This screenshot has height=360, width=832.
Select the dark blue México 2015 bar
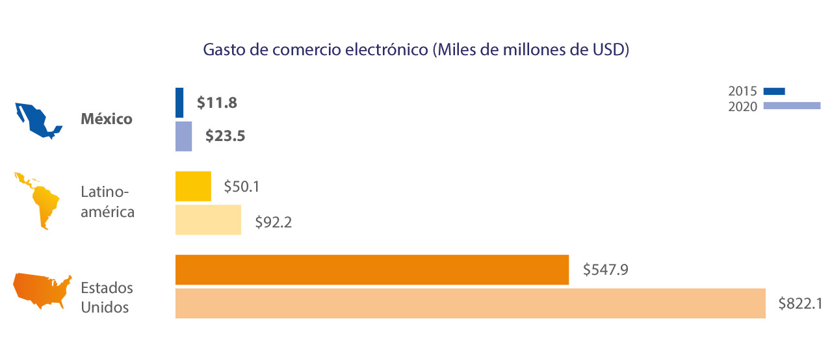179,103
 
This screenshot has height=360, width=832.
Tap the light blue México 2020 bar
183,136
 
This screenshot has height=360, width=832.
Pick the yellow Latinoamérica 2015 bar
193,186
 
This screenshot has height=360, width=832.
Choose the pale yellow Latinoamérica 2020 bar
208,220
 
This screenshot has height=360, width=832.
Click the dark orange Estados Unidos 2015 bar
372,270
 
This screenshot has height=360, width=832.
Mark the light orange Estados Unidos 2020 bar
470,303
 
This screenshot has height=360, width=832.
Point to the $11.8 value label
216,103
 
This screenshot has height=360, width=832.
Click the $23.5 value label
225,136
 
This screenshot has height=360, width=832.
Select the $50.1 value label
242,186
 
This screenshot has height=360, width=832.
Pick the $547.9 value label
604,269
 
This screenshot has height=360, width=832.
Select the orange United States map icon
43,292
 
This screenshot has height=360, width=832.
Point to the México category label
107,120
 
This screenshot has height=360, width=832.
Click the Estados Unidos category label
107,297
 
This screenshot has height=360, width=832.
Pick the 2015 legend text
742,92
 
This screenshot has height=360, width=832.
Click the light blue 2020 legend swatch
792,106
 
